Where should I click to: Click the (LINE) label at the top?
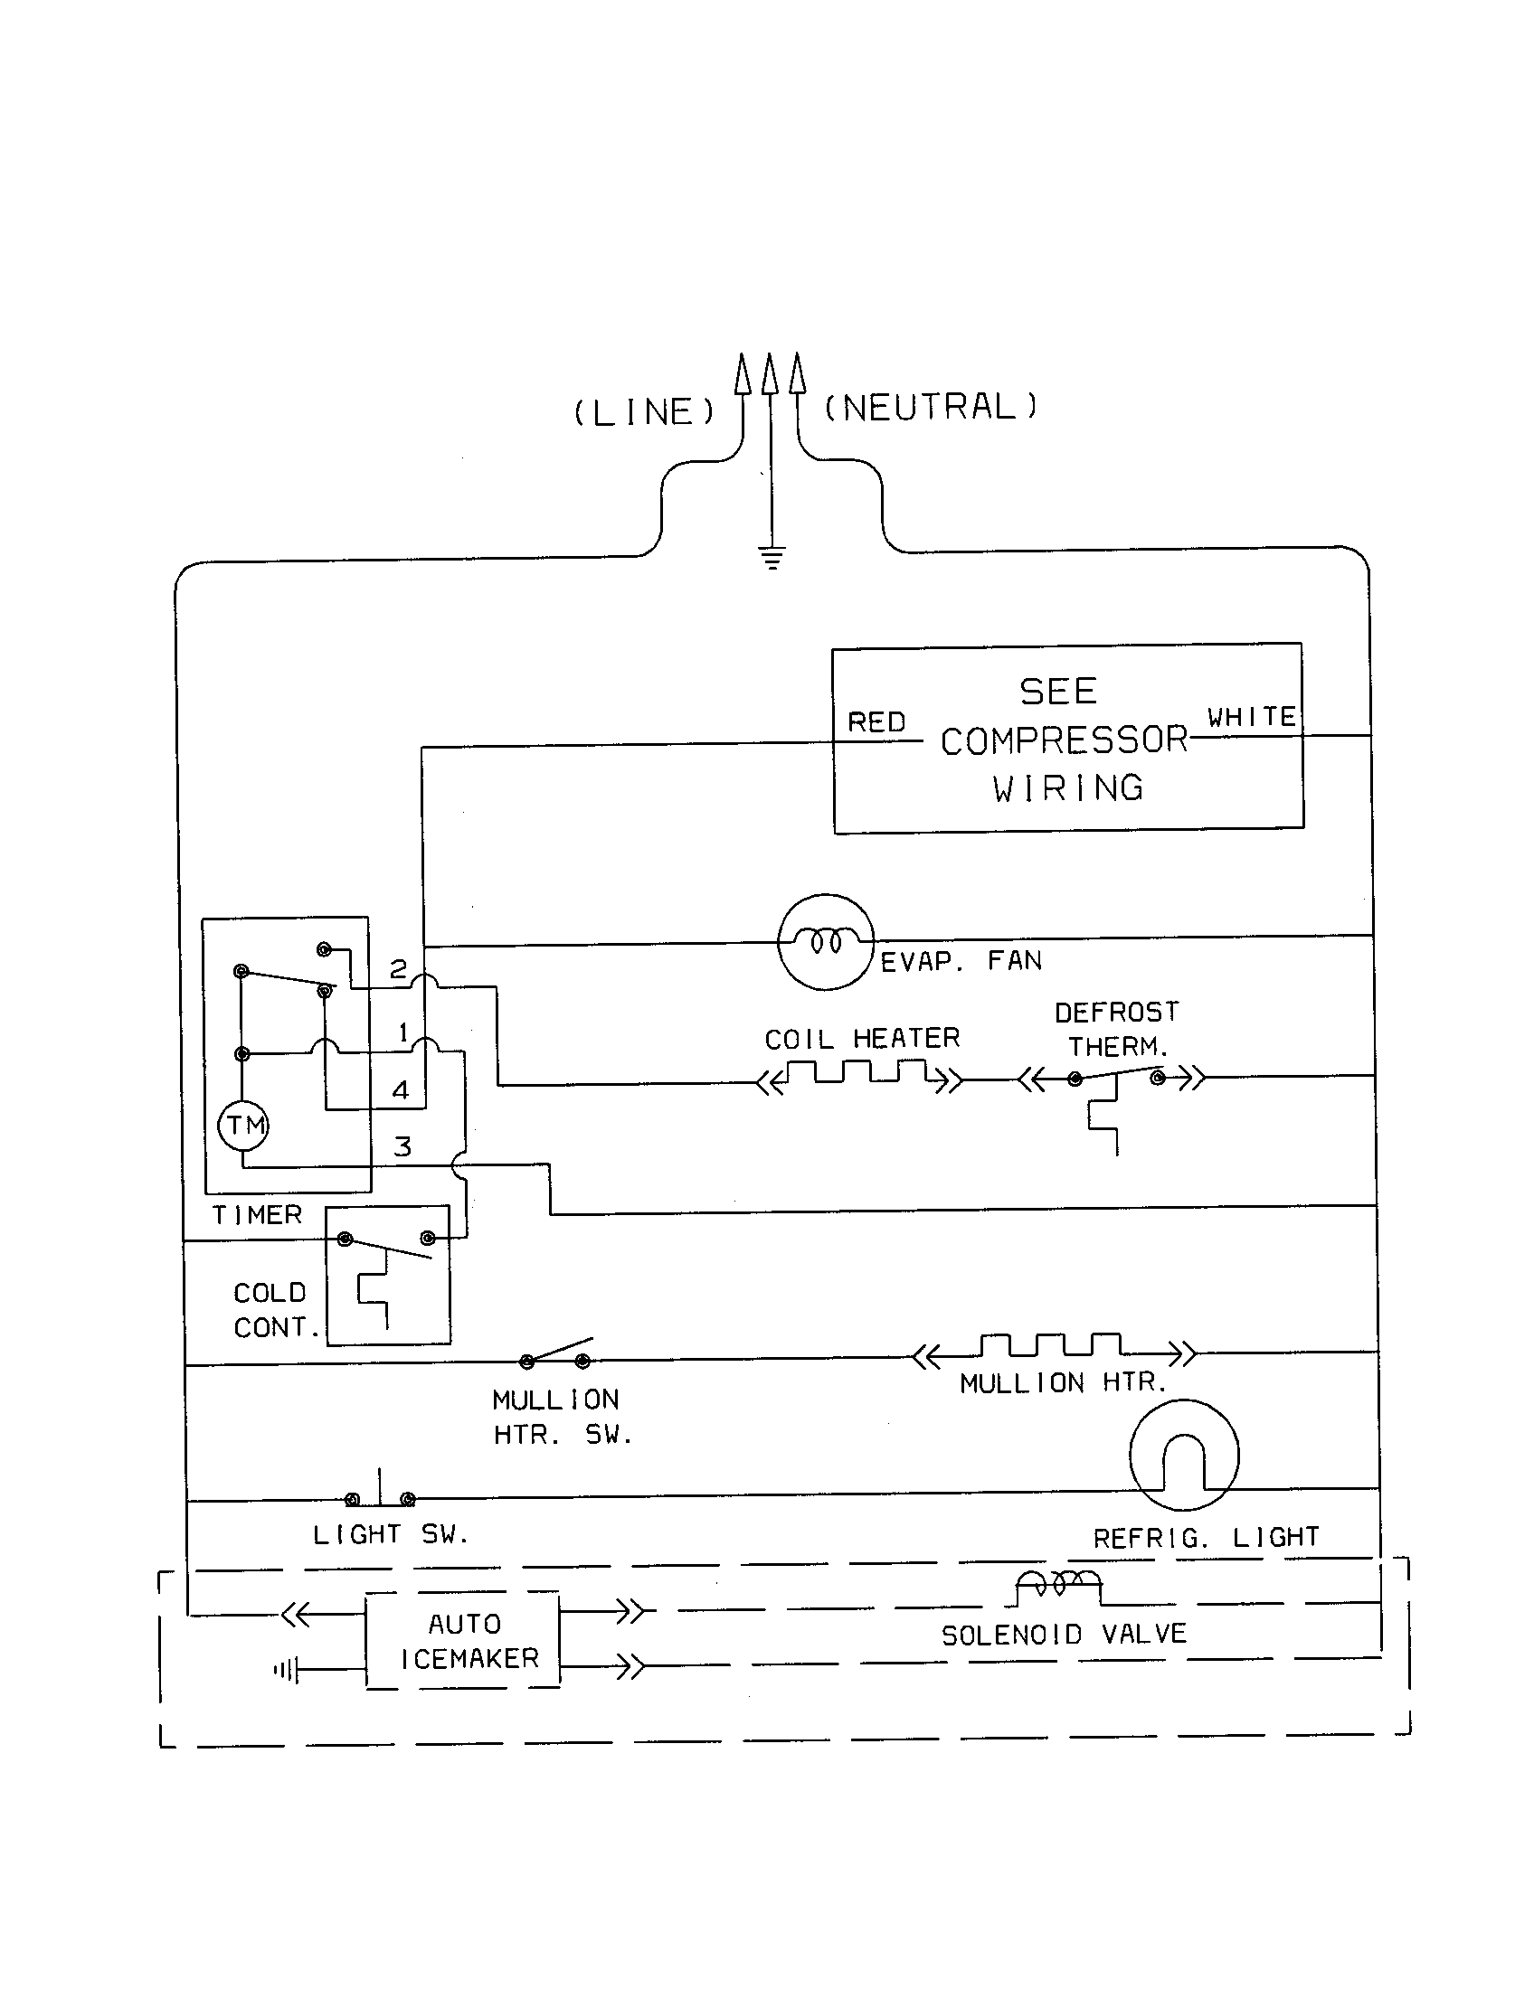pyautogui.click(x=644, y=412)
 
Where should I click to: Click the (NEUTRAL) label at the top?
pyautogui.click(x=930, y=407)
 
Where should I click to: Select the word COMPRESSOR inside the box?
pyautogui.click(x=1064, y=740)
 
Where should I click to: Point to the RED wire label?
pyautogui.click(x=876, y=722)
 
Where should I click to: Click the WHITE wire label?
pyautogui.click(x=1252, y=717)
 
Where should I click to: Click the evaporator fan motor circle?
pyautogui.click(x=825, y=942)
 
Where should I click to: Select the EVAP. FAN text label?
pyautogui.click(x=961, y=961)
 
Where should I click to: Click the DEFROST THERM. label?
pyautogui.click(x=1117, y=1029)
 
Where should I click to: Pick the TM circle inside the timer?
pyautogui.click(x=244, y=1126)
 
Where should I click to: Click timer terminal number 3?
pyautogui.click(x=402, y=1147)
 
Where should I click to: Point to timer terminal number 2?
pyautogui.click(x=398, y=969)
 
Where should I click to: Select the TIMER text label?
pyautogui.click(x=257, y=1215)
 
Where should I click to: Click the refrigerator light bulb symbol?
pyautogui.click(x=1183, y=1456)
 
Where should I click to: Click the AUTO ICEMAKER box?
pyautogui.click(x=464, y=1641)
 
